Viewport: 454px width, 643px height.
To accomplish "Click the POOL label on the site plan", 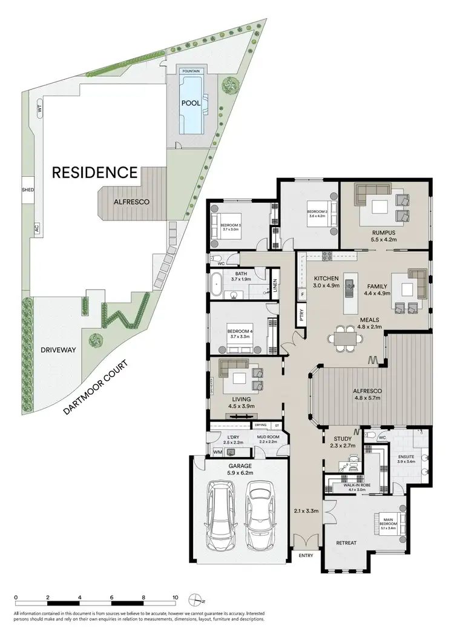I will coord(191,103).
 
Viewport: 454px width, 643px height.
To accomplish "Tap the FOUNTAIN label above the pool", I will coord(191,71).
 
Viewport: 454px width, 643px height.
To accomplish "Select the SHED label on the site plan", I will coord(28,190).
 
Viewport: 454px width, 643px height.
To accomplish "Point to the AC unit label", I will coord(36,229).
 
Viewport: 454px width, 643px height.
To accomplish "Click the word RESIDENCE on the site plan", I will coord(94,173).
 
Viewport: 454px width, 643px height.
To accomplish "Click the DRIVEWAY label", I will coord(53,350).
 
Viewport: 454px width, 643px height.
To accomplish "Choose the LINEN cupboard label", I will coord(275,284).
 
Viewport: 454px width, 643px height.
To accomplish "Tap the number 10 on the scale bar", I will coord(176,598).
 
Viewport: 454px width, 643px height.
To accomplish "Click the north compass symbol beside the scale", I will coord(195,599).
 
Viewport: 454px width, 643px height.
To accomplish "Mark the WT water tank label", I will coord(39,110).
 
